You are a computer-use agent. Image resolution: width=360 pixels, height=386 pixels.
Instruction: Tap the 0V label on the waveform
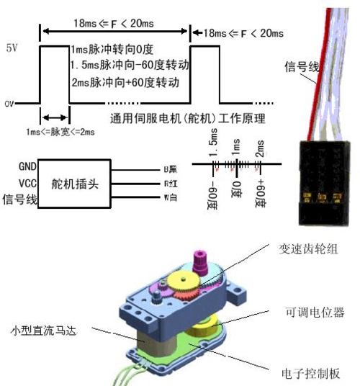9,104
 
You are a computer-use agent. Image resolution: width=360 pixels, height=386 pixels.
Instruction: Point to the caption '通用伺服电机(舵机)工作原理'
189,117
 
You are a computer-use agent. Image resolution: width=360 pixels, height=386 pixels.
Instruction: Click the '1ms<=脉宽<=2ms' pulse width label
50,133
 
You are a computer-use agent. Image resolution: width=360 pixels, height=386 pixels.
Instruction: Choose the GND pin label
27,167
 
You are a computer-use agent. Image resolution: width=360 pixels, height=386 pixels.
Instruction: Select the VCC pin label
27,182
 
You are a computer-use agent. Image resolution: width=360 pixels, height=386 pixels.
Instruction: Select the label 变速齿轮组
307,249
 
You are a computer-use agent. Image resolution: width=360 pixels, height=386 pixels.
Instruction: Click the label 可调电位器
311,313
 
